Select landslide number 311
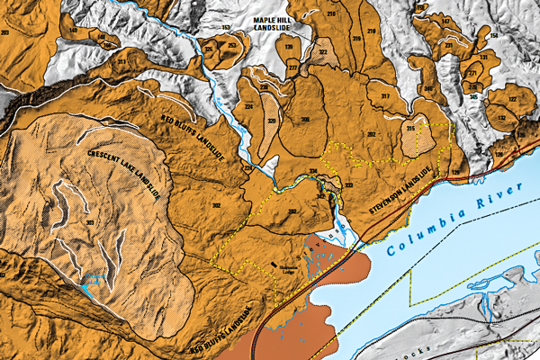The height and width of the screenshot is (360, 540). coord(121,61)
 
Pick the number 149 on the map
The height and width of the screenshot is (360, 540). coord(74,31)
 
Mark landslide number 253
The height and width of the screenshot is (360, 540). coord(231,45)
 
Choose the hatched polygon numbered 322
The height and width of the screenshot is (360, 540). coord(322,53)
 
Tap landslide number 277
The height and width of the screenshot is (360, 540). coord(292,67)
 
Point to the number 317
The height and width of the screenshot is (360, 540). coord(384,95)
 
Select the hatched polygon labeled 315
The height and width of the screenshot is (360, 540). coord(410,130)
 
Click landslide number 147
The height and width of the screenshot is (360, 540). coord(445,20)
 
